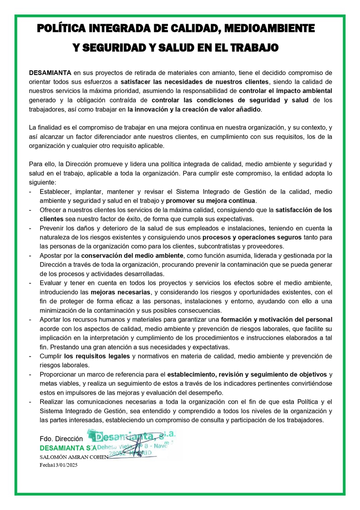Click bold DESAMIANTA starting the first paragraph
pos(50,73)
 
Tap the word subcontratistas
pos(243,246)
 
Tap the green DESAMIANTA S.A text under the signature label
pos(67,447)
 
